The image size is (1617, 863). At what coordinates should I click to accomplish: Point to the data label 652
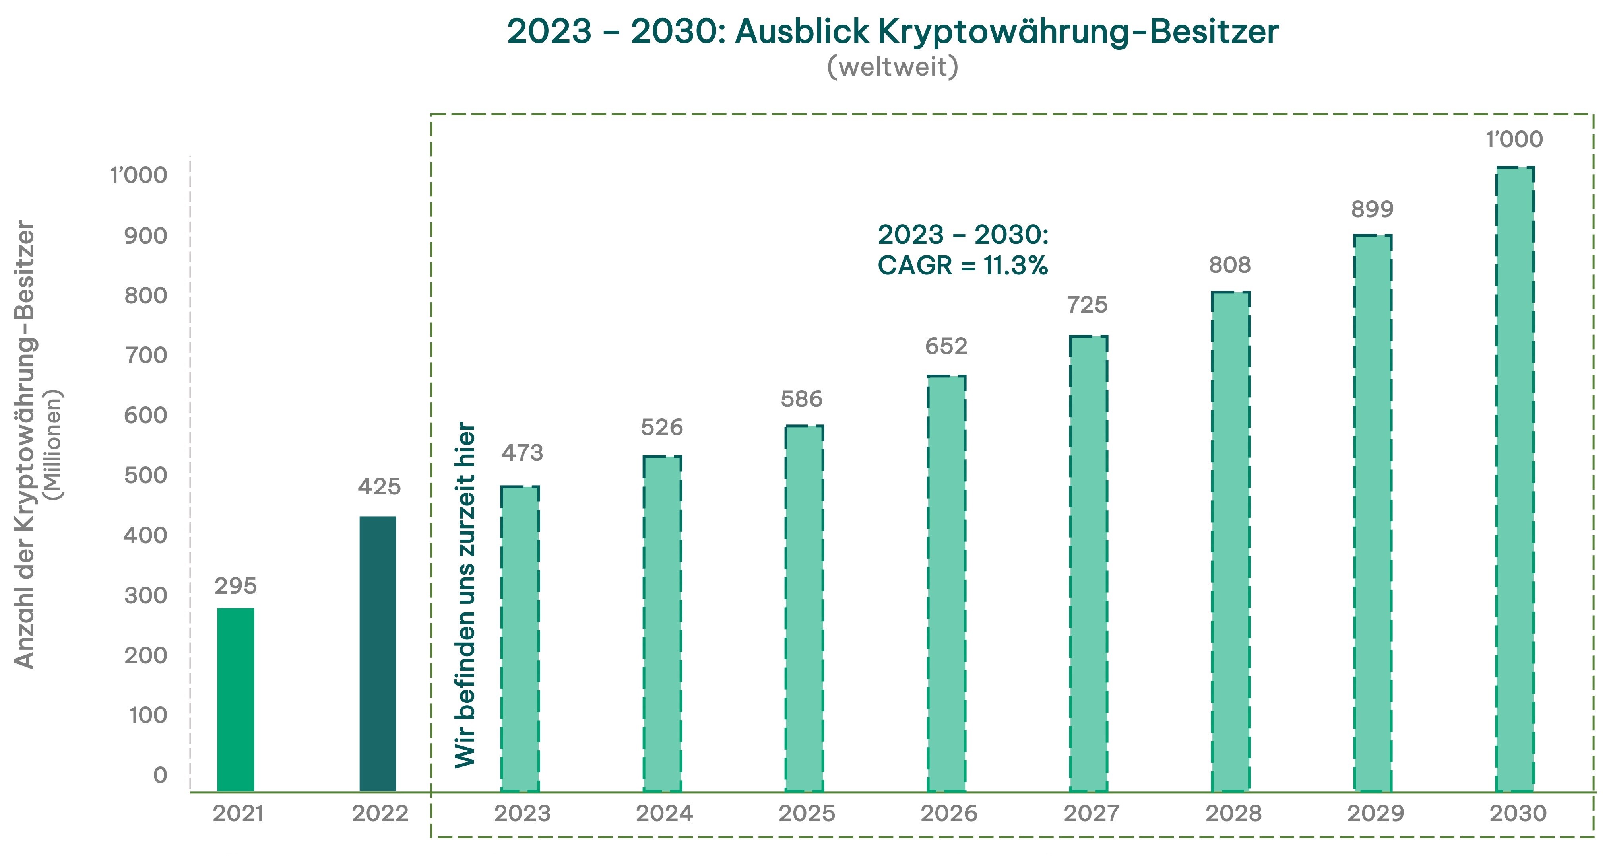pos(946,346)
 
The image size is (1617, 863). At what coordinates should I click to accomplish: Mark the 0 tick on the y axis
pos(160,775)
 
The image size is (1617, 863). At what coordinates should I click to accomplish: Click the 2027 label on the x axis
pos(1091,813)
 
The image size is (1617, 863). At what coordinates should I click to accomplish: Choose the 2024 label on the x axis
pos(665,813)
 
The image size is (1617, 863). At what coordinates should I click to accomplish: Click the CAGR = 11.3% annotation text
pos(963,266)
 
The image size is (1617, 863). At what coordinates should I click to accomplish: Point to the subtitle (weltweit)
pos(893,66)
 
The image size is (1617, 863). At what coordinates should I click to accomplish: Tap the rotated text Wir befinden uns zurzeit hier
pos(465,593)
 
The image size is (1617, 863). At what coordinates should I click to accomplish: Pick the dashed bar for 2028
pos(1230,541)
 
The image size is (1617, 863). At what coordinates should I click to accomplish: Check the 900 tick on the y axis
pos(145,236)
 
